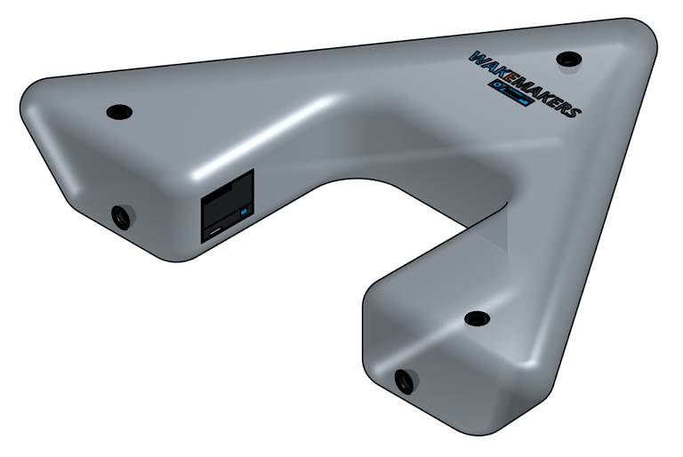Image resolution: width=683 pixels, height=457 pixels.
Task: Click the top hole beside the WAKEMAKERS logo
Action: [x=568, y=59]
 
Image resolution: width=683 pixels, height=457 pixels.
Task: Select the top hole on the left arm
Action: [x=118, y=112]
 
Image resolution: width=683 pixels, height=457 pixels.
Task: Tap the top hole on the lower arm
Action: [x=477, y=317]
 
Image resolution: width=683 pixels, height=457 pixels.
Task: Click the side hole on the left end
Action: [x=122, y=216]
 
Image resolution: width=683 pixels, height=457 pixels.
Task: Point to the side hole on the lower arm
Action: [x=405, y=381]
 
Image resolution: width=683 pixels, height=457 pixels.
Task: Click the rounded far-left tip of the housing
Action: [x=27, y=102]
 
